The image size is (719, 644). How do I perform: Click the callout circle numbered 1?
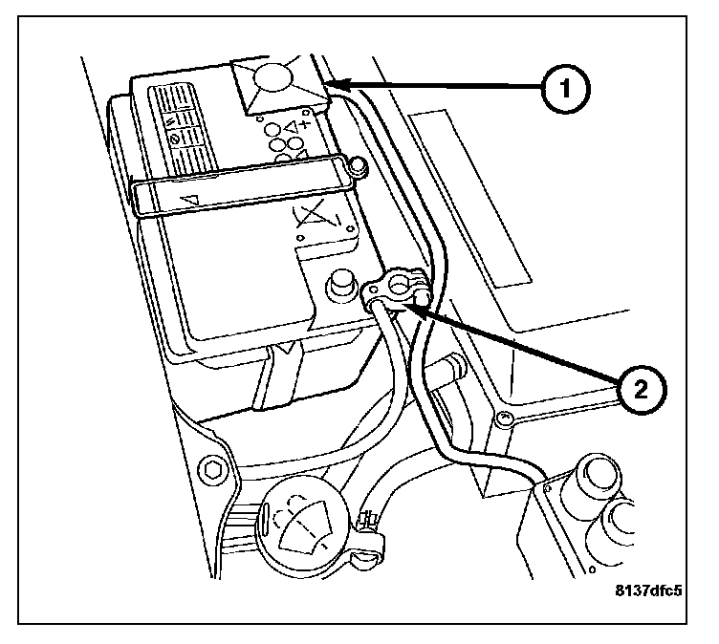click(x=564, y=89)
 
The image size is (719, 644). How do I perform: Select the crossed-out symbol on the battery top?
click(x=315, y=220)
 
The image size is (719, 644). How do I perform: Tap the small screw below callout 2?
click(x=503, y=418)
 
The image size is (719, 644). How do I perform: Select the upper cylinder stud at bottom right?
click(x=595, y=478)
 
